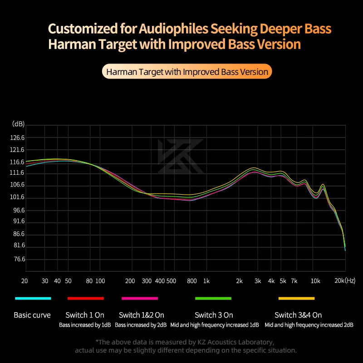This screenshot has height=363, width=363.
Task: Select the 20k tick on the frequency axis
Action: [339, 281]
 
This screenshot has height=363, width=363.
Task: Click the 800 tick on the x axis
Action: [191, 281]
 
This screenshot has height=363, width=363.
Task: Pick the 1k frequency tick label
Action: [206, 281]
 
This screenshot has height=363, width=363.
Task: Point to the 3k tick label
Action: [257, 281]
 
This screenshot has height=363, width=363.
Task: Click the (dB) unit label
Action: [19, 124]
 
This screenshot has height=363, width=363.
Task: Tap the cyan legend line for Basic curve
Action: [33, 299]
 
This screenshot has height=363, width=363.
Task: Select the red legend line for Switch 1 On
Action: [85, 299]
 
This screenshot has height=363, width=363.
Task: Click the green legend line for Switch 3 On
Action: [213, 299]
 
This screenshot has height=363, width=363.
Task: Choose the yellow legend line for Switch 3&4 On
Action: [296, 299]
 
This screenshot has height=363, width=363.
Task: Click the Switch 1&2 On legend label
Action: [141, 315]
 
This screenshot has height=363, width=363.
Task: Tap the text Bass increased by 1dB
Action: [85, 325]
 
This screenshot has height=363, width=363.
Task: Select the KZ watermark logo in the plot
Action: [181, 156]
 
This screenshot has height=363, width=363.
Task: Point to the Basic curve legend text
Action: [32, 315]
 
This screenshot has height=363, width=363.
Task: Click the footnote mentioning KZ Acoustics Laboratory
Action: [185, 342]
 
